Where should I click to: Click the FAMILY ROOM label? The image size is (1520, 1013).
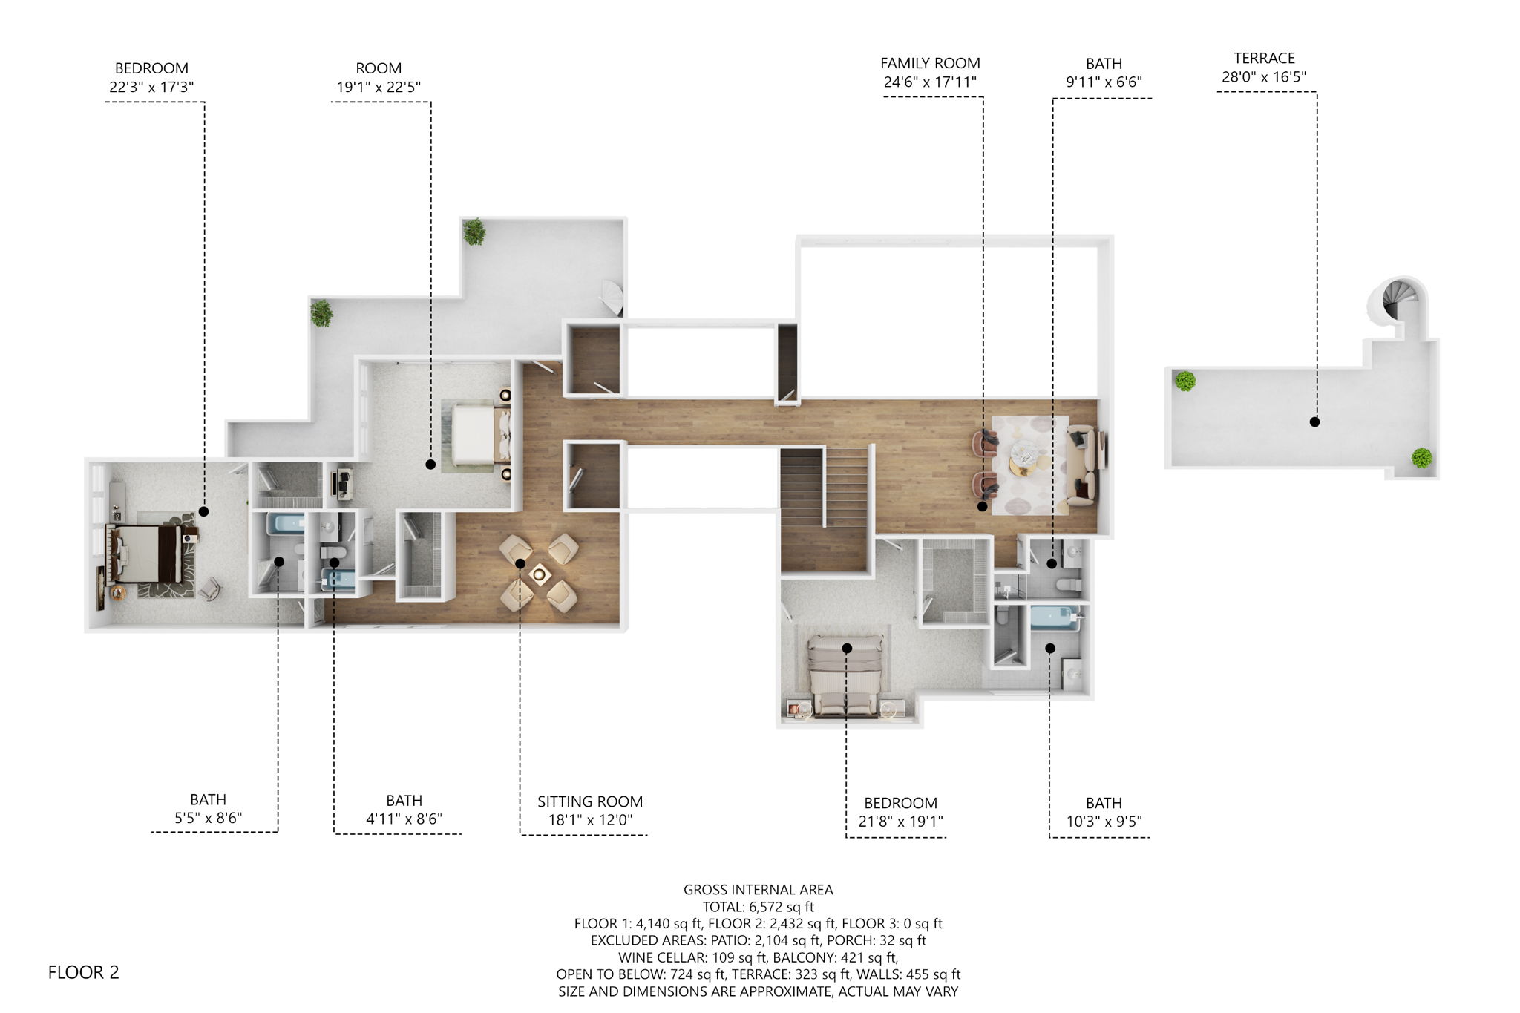(930, 64)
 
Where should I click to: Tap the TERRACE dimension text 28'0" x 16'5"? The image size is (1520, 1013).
(1264, 77)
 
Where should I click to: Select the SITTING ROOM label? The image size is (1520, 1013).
(590, 801)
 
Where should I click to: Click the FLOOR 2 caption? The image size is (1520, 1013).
(83, 972)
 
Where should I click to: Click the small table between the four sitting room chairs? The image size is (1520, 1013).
(540, 574)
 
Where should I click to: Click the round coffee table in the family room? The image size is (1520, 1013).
(1025, 452)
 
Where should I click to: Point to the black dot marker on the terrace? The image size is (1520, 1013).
(1314, 422)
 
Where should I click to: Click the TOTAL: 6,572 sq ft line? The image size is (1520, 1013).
(758, 907)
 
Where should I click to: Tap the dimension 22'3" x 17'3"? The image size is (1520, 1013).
(151, 88)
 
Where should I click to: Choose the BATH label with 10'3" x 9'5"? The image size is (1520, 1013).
(1104, 803)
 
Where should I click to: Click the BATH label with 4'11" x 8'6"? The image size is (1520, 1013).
(404, 801)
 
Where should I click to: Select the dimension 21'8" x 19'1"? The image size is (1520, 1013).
(900, 822)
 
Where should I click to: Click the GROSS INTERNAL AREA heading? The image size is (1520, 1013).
(758, 890)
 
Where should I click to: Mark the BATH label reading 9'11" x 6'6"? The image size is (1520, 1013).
(1104, 64)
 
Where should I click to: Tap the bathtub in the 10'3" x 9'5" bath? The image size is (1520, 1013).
(1053, 618)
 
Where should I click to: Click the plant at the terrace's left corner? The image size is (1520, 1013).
(1185, 381)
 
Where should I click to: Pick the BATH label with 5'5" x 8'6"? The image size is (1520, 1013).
(208, 800)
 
